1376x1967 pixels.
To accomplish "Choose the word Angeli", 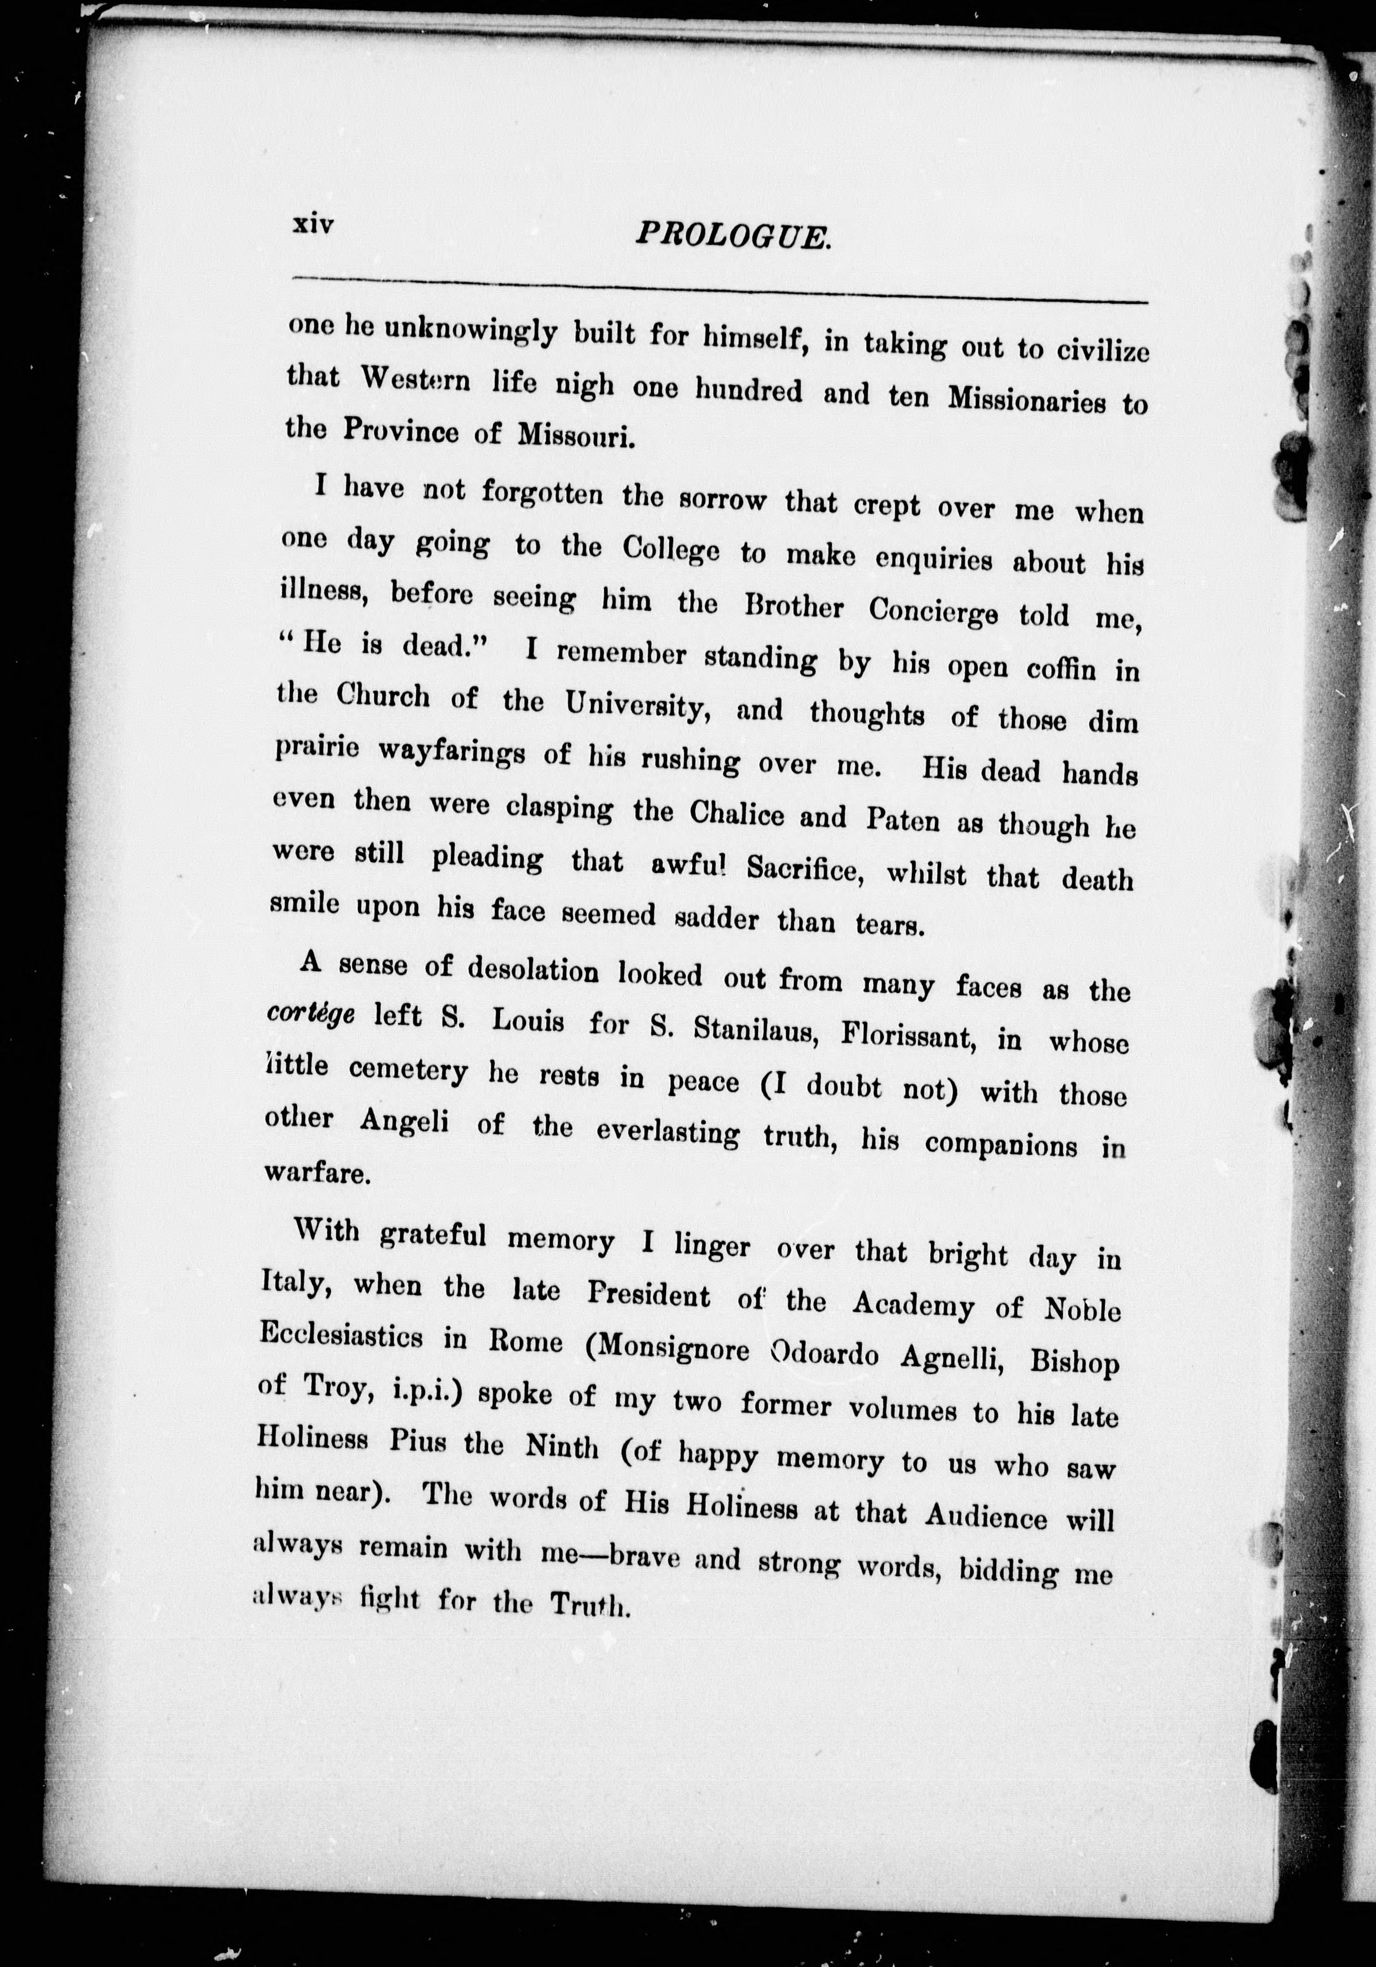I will pyautogui.click(x=405, y=1122).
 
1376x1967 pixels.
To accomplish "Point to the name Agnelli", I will pyautogui.click(x=952, y=1355).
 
